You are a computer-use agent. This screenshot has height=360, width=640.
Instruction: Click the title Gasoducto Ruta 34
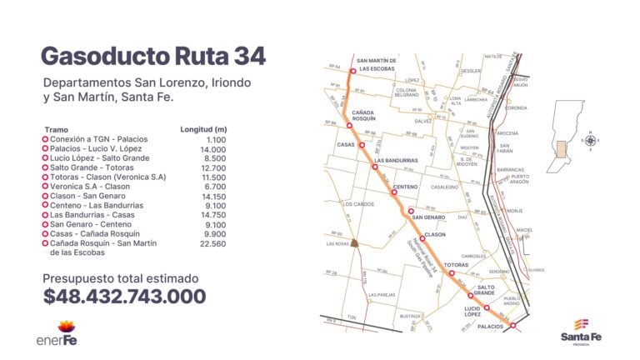click(x=153, y=57)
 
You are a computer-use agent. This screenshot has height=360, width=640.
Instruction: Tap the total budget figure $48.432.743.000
click(x=124, y=297)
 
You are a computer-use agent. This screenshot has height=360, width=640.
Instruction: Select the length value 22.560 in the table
click(x=210, y=243)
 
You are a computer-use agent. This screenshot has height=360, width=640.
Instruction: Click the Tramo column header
click(x=57, y=130)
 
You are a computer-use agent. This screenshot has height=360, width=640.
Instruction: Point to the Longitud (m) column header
click(x=203, y=130)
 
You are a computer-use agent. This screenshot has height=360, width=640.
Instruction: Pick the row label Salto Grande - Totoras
click(x=89, y=167)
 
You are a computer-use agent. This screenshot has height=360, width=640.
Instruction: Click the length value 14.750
click(x=210, y=214)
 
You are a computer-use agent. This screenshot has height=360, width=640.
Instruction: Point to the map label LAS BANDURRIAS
click(x=396, y=160)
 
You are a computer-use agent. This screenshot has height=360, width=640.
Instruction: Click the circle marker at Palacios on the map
click(x=512, y=327)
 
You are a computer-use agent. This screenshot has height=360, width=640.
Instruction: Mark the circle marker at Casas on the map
click(x=362, y=145)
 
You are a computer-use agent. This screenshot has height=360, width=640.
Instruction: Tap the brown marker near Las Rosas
click(x=354, y=243)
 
